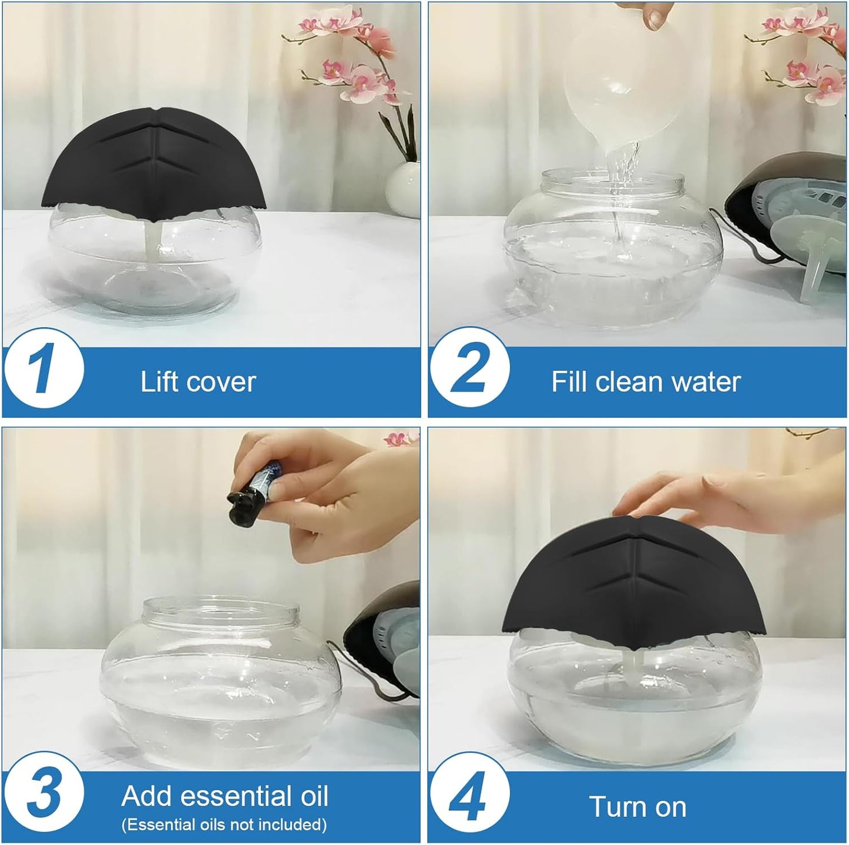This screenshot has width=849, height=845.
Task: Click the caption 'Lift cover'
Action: point(198,382)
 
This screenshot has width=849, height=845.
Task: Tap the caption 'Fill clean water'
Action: point(646,382)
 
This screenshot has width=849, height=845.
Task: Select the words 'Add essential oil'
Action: point(224,796)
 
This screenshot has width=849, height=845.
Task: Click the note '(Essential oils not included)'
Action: point(224,824)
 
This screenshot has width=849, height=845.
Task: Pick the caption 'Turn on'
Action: point(637,807)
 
